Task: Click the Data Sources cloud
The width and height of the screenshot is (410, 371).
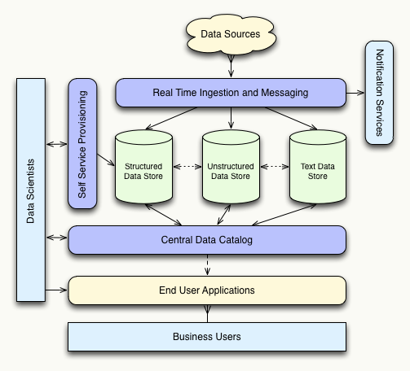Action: (231, 34)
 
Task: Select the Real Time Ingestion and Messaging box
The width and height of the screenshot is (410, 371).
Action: (231, 93)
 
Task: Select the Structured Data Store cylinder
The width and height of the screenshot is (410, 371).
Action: (143, 167)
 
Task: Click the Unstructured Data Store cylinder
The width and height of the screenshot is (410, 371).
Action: (231, 167)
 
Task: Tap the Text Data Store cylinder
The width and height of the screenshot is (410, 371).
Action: (318, 167)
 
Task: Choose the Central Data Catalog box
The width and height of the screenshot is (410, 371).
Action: (208, 240)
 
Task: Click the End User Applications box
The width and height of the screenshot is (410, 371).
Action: (208, 290)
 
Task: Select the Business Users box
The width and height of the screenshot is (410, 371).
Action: (208, 335)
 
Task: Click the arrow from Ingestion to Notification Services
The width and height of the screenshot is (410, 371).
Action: (355, 93)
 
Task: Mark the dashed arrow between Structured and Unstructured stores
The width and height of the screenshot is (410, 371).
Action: (187, 167)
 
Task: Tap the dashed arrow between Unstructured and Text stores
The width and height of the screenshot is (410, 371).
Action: (274, 167)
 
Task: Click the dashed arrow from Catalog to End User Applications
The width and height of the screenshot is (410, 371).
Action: (208, 264)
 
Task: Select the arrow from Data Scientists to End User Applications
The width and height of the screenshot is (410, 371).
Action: (57, 290)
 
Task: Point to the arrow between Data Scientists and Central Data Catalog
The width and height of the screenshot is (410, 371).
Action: (57, 238)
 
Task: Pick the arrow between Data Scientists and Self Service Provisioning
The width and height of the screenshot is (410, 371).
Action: (57, 144)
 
